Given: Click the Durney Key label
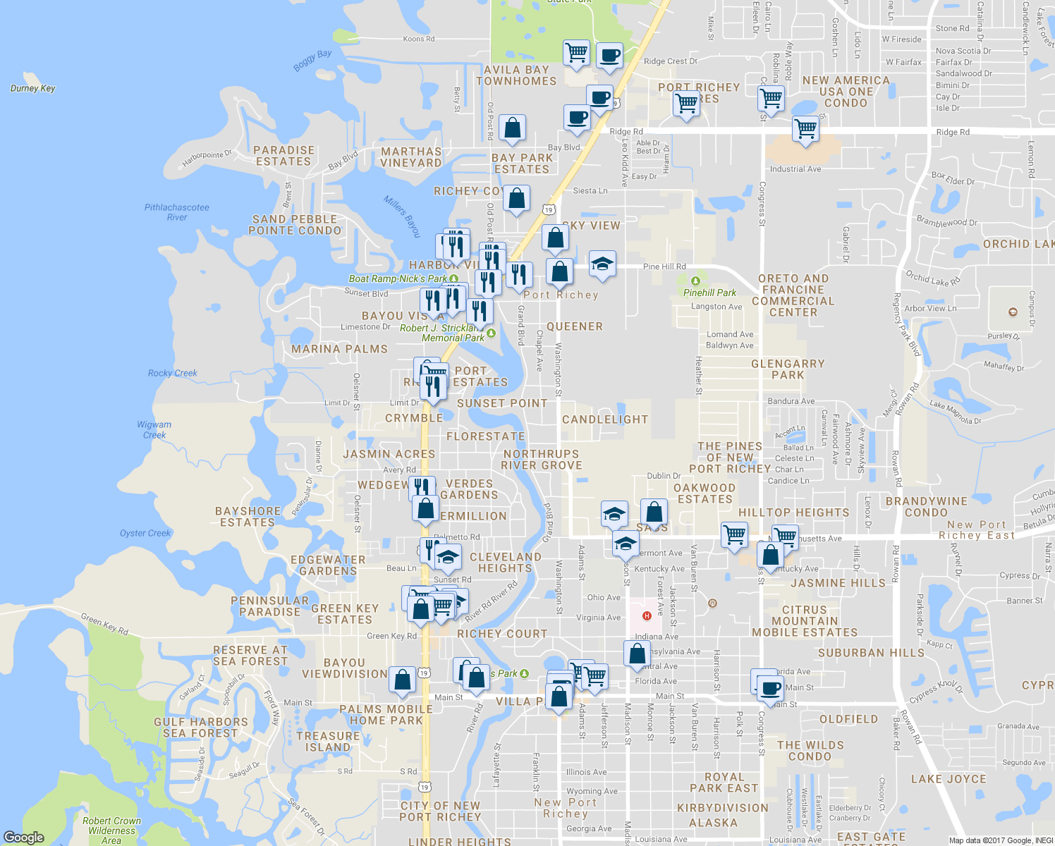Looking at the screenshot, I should [x=32, y=88].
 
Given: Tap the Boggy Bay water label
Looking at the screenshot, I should [x=312, y=60].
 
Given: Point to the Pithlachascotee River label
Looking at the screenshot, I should [x=177, y=212].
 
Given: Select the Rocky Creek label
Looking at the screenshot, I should [x=173, y=373].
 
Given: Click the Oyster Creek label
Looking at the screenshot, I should [x=145, y=533].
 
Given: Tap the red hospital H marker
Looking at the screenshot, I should [x=647, y=616].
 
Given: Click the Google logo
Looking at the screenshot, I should [x=23, y=838].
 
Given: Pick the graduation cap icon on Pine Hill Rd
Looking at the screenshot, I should [x=602, y=264].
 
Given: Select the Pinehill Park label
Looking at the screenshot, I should [x=709, y=293].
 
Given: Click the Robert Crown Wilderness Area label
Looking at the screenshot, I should [x=111, y=830].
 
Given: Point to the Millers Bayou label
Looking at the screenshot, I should [x=402, y=216].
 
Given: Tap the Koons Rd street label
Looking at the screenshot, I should [x=419, y=39].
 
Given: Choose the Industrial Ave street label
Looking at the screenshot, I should [x=795, y=169].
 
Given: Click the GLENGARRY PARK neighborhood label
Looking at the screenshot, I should [x=788, y=369].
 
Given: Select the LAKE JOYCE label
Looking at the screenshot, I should [x=949, y=779].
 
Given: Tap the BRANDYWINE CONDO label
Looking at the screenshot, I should [x=926, y=507].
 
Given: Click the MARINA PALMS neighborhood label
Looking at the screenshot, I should [x=339, y=349].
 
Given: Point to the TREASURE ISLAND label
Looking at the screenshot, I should [x=328, y=742].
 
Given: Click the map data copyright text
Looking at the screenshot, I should [x=1001, y=840].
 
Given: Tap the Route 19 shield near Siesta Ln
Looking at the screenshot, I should [x=549, y=209].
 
